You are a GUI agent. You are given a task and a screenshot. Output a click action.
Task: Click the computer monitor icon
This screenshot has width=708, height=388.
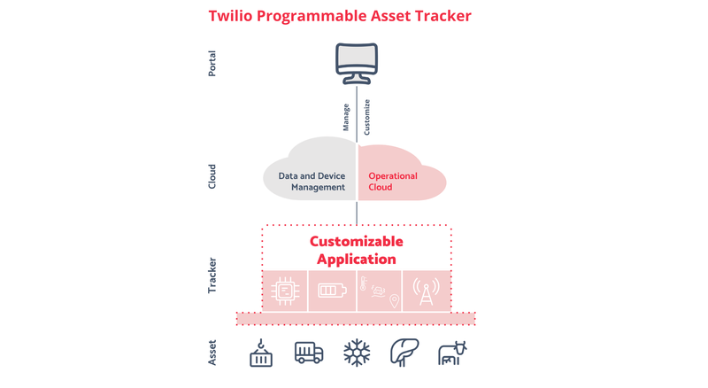357,63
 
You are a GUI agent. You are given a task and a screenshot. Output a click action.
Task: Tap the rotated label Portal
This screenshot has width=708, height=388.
212,64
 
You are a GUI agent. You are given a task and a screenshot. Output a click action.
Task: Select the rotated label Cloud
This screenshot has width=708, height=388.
212,176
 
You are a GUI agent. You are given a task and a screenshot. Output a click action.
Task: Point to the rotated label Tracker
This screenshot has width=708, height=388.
212,275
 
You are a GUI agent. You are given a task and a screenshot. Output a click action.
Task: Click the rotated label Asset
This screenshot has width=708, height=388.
212,353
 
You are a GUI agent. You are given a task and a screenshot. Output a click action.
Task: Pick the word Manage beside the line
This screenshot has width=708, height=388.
346,118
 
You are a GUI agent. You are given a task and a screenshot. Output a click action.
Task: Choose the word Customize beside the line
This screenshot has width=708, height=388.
367,117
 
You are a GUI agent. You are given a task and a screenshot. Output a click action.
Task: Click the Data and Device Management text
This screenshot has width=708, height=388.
312,182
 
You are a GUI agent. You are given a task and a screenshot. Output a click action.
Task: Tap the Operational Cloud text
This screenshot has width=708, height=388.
393,182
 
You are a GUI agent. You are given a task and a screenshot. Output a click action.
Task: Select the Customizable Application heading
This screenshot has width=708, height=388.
357,250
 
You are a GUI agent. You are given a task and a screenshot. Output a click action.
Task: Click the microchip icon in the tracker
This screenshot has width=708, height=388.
285,291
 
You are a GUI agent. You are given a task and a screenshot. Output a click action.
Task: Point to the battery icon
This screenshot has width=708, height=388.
333,291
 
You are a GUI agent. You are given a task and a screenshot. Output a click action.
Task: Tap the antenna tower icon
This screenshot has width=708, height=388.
426,291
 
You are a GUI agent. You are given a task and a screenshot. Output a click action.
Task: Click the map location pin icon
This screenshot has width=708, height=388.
394,300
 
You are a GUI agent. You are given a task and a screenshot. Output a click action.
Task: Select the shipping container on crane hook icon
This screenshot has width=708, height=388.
261,353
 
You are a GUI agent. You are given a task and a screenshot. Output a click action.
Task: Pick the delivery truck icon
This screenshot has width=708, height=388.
309,353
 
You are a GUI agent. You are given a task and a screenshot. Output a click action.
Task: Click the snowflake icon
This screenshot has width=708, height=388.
357,353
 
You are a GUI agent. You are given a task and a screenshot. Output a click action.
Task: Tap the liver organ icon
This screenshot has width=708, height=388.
404,353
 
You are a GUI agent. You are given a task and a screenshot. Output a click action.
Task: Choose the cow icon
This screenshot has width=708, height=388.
452,353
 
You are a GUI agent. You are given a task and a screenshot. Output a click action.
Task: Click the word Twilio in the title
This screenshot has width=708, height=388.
230,16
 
